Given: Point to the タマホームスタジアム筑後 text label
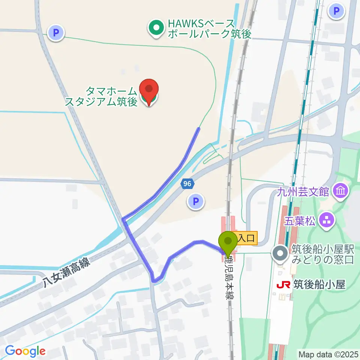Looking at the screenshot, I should [x=101, y=96].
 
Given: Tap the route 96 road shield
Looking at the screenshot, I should [x=187, y=184].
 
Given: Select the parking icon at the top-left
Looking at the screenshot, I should [x=56, y=33].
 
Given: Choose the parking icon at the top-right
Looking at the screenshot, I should [x=336, y=10].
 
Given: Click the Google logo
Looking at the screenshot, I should [x=25, y=351].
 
